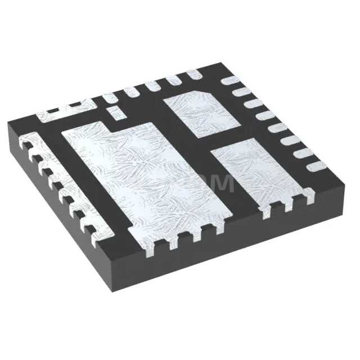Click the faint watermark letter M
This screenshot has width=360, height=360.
[x=223, y=183]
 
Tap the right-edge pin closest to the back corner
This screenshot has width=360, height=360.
[x=231, y=81]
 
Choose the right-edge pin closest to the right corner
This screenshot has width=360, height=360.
[x=317, y=166]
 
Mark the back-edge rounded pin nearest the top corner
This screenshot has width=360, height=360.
[x=193, y=73]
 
